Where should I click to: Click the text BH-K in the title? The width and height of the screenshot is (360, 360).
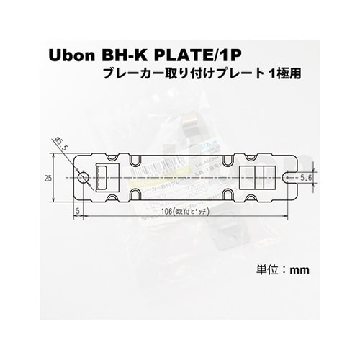pos(127,55)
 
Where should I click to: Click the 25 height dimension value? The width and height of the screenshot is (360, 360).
pos(47,177)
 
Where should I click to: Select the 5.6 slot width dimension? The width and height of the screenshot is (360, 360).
pos(306,177)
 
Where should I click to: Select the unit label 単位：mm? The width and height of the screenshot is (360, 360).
pos(283,270)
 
